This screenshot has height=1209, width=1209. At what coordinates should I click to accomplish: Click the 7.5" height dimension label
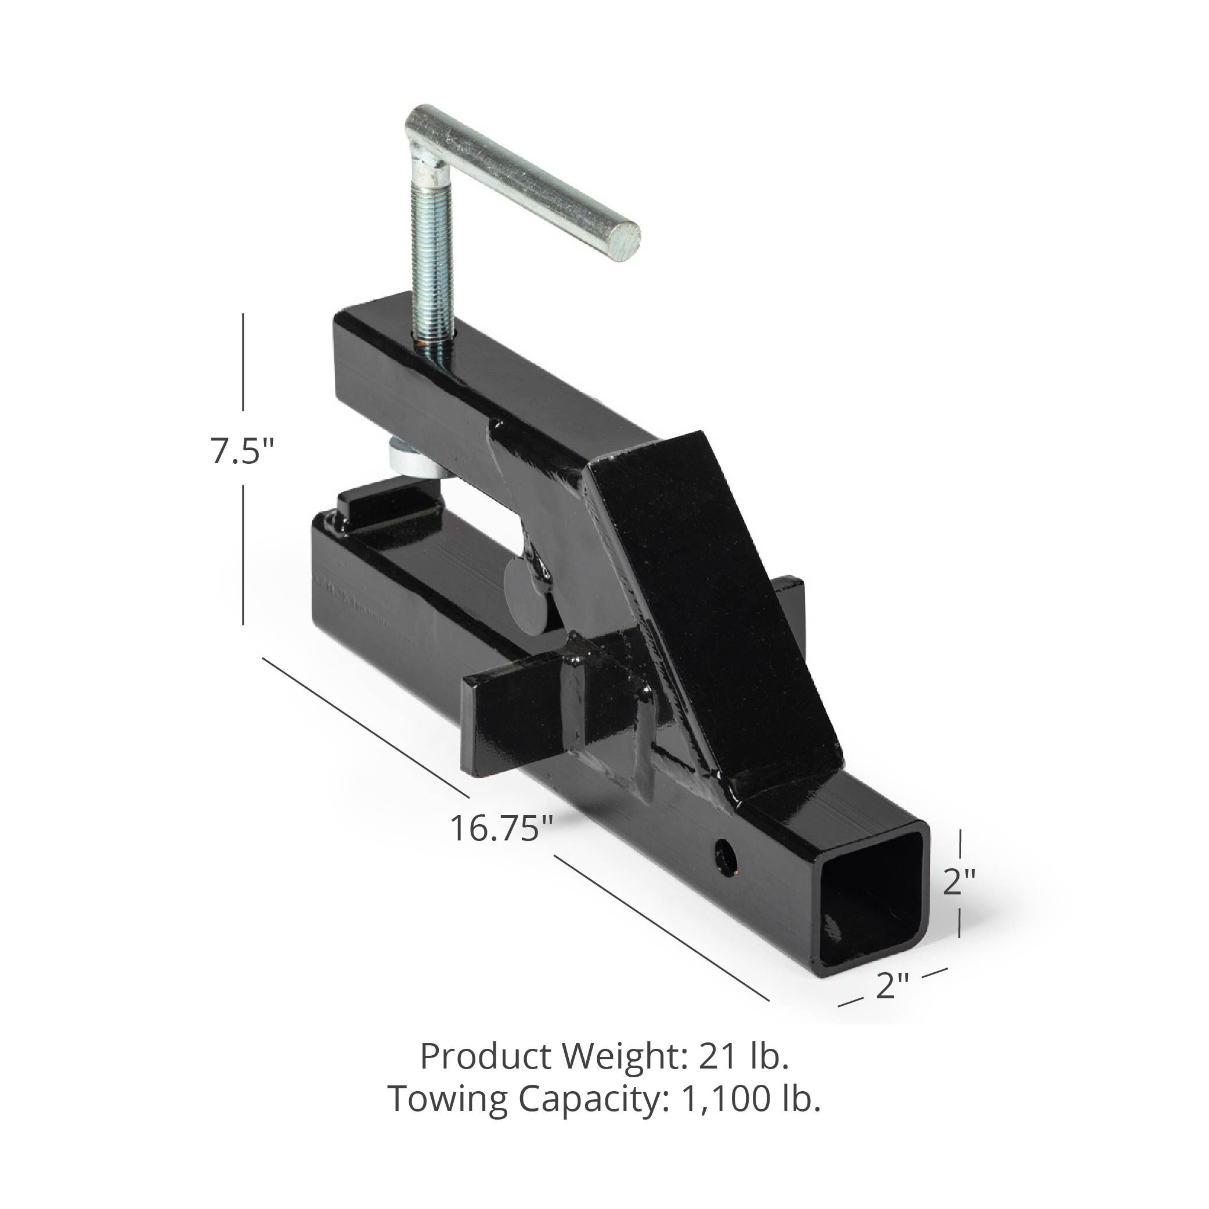[x=242, y=451]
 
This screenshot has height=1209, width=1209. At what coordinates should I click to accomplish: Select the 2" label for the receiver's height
[x=959, y=882]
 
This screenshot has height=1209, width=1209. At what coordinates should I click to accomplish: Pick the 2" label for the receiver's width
[x=892, y=987]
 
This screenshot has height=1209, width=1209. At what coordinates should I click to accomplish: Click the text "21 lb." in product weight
[x=744, y=1057]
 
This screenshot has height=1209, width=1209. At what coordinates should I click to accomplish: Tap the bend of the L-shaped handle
[x=421, y=125]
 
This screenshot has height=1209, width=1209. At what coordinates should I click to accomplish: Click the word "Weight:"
[x=626, y=1057]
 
